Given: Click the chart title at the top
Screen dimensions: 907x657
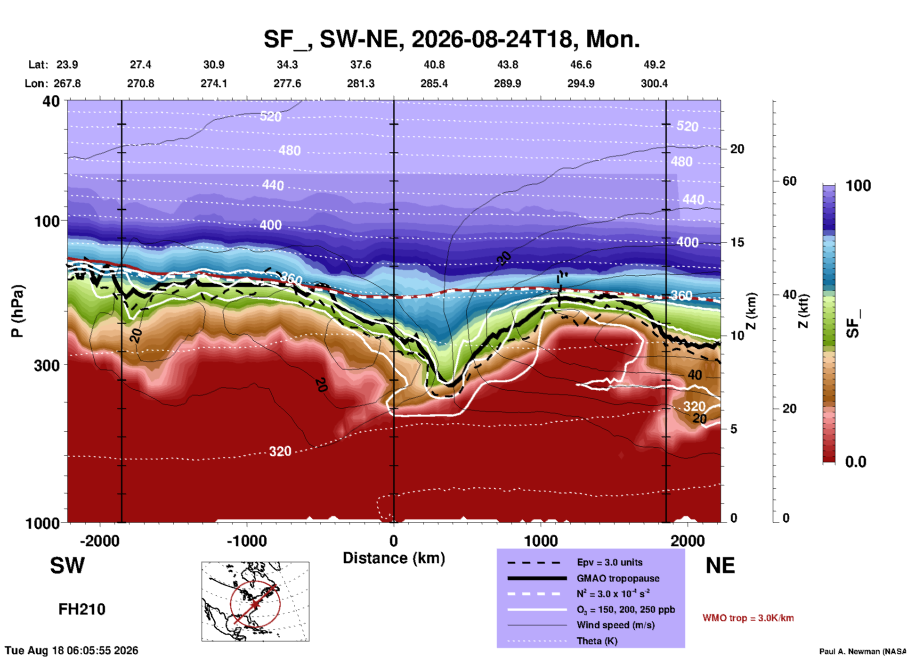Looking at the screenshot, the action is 452,40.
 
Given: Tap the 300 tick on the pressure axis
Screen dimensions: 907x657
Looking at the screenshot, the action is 47,365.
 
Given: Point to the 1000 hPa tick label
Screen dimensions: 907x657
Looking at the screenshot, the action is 42,523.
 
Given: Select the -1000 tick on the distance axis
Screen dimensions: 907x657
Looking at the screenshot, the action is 246,541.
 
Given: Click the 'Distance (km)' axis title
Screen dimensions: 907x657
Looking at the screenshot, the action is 394,558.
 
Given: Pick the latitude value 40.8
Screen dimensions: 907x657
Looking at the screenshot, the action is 434,65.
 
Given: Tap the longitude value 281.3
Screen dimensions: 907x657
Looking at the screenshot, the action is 361,83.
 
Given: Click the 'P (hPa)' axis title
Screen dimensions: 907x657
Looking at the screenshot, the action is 17,311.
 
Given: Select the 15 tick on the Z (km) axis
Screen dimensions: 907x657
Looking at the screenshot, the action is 737,242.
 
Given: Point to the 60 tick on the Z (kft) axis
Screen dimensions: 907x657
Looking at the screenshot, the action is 789,181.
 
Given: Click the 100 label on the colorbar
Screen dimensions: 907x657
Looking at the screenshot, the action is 858,186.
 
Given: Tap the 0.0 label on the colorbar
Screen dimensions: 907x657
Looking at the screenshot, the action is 856,462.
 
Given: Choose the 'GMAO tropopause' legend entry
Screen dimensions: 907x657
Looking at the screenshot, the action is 618,578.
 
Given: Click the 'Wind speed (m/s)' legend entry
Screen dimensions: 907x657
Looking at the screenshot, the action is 615,625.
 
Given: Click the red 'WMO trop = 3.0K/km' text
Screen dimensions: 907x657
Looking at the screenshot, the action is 748,618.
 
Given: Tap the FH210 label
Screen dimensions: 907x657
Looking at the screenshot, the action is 82,609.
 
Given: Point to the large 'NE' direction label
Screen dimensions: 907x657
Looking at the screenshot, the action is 720,566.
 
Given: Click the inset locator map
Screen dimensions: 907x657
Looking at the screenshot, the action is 255,601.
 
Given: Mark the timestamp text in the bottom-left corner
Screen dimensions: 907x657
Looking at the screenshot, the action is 72,650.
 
